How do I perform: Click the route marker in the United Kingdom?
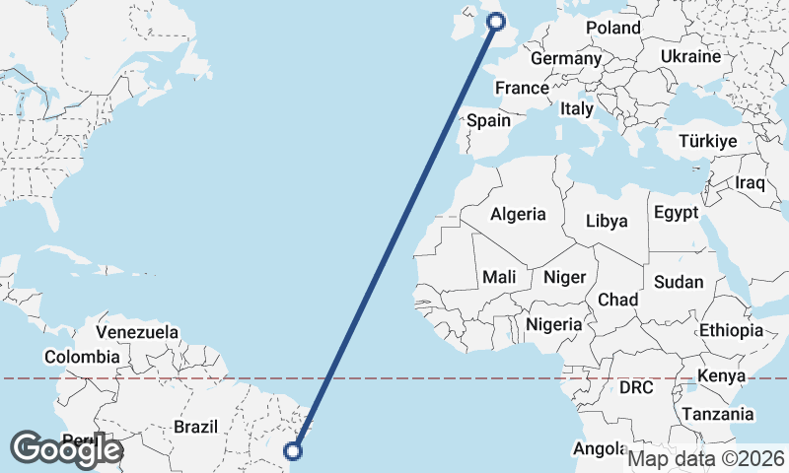click(x=496, y=21)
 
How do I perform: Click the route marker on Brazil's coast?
click(x=293, y=451)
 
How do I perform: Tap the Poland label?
click(x=613, y=28)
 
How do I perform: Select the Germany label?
click(x=566, y=58)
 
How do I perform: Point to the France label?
click(x=522, y=88)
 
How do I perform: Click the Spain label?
click(x=488, y=121)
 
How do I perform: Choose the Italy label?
click(x=576, y=109)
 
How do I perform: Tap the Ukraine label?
click(x=691, y=56)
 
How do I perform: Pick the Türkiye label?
click(x=708, y=142)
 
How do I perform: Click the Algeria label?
click(x=518, y=214)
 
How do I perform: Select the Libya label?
click(x=607, y=221)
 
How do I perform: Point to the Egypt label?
click(x=676, y=213)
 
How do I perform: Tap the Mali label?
click(x=500, y=278)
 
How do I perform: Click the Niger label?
click(x=565, y=278)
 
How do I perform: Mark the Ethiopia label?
click(x=731, y=330)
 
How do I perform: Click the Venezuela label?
click(x=138, y=332)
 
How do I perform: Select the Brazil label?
click(x=194, y=427)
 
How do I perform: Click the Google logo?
click(x=66, y=448)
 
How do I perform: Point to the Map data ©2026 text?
click(x=706, y=458)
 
